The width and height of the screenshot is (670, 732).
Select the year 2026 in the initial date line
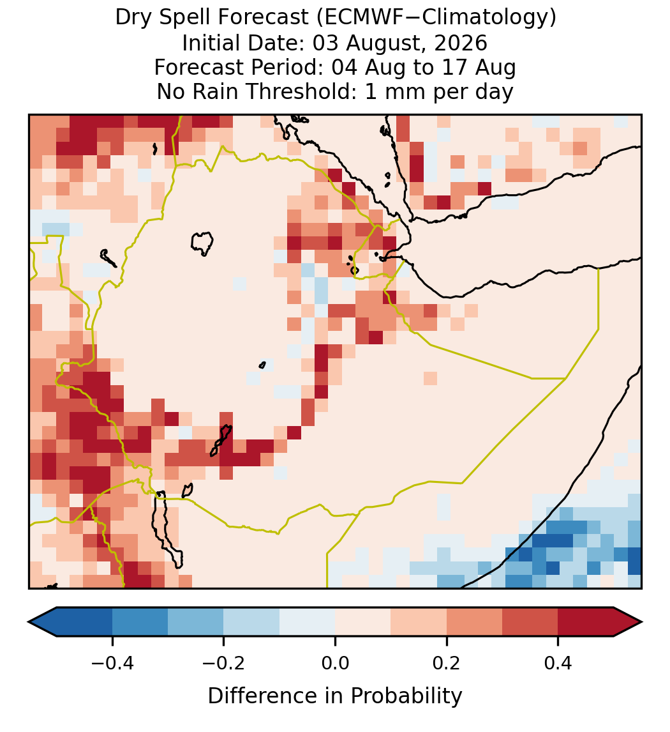click(461, 43)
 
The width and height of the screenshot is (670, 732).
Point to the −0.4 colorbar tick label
click(112, 662)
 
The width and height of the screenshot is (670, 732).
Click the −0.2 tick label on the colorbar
click(223, 662)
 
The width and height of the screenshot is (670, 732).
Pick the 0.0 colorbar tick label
click(335, 662)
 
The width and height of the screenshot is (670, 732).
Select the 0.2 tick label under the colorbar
click(447, 662)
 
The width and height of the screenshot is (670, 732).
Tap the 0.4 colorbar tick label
click(558, 662)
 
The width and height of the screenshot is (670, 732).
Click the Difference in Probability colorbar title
click(335, 696)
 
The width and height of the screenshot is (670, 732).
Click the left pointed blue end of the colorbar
click(43, 622)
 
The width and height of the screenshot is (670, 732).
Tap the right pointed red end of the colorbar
click(628, 622)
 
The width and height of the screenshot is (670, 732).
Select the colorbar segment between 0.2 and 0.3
click(475, 622)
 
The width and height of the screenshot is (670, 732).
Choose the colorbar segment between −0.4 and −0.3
click(140, 622)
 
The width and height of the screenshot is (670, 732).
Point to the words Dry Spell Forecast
click(212, 18)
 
